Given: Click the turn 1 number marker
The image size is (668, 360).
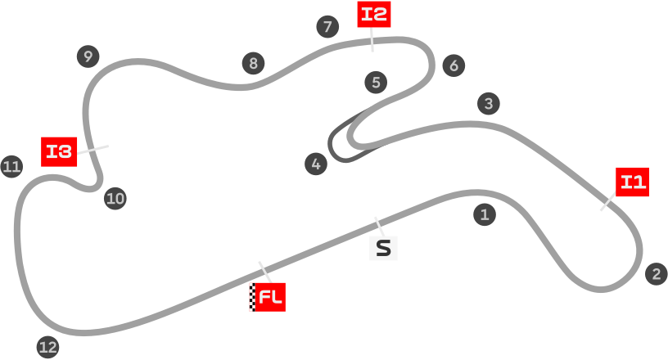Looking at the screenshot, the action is [x=485, y=215].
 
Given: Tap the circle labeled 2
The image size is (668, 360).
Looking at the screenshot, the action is [x=656, y=274].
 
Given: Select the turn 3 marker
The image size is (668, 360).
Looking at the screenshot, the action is [x=488, y=104].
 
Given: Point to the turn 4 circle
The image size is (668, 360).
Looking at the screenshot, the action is [x=316, y=164].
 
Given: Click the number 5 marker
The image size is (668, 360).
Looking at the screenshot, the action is [x=376, y=82].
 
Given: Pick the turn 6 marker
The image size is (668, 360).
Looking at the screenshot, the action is [x=454, y=65].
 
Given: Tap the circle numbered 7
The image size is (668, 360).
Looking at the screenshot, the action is [x=327, y=27].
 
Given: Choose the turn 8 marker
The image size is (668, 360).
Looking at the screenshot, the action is [x=254, y=63].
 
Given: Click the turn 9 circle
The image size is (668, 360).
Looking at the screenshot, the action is [x=88, y=56].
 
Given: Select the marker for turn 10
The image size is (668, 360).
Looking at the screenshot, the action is [x=115, y=198].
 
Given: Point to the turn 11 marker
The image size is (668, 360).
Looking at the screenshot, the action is [x=11, y=167].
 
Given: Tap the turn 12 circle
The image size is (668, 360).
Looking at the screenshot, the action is [x=48, y=347].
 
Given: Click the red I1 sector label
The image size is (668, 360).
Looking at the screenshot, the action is [x=633, y=181].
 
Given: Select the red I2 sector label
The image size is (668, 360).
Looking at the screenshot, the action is [x=374, y=14].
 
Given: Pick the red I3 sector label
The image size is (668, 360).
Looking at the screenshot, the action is [x=59, y=151].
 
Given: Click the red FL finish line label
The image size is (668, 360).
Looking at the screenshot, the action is [x=270, y=297].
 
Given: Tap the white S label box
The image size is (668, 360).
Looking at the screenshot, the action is [x=382, y=248].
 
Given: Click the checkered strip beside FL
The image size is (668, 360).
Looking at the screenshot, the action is [x=251, y=297].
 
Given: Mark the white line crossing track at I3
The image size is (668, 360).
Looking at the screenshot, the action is [x=93, y=149].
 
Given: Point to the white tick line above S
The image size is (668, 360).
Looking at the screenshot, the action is [x=378, y=226].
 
